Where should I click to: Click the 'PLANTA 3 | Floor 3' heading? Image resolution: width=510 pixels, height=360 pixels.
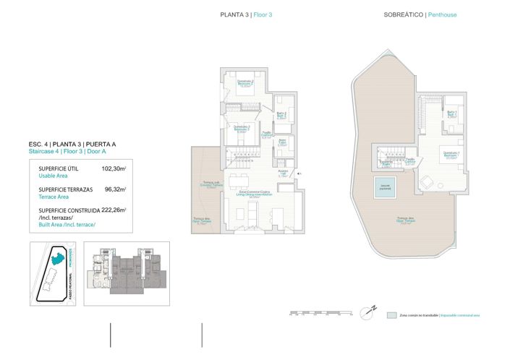246,14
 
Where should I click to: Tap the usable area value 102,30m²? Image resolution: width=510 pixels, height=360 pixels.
114,168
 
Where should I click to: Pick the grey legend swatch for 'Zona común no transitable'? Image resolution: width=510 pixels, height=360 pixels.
391,316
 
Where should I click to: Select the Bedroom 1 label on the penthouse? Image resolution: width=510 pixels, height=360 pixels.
451,155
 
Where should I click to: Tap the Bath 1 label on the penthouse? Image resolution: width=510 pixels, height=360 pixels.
451,113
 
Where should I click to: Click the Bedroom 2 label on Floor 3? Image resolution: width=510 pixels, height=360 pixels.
245,82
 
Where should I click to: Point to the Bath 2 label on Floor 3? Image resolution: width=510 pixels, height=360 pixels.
282,114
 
